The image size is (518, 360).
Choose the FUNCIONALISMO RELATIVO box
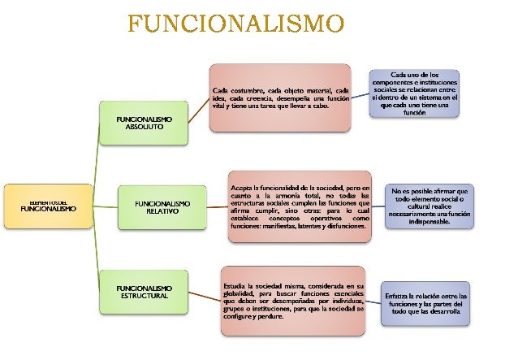click(163, 206)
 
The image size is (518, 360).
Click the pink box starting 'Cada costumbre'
click(280, 96)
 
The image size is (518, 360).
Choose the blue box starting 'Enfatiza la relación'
click(427, 304)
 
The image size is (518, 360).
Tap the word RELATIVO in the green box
click(162, 211)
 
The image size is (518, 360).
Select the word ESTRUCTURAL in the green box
click(144, 297)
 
